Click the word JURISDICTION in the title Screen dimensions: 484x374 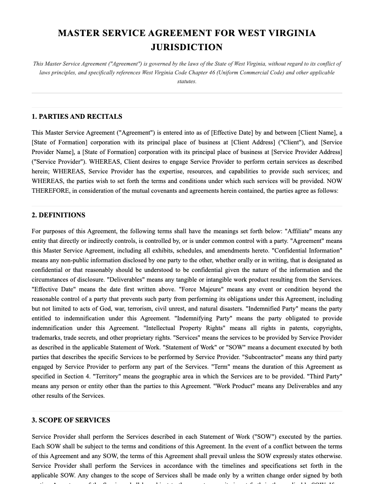click(187, 47)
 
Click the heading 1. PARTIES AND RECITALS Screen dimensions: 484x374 click(77, 117)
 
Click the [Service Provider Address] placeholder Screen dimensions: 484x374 click(307, 152)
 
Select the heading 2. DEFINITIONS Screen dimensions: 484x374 click(59, 215)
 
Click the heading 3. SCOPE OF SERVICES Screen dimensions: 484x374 click(71, 420)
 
